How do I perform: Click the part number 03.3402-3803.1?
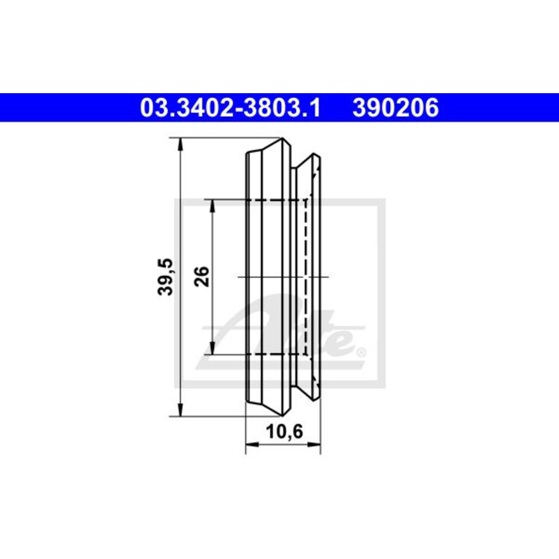[x=230, y=108]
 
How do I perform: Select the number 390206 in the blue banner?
[x=395, y=108]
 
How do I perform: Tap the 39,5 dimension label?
[x=165, y=277]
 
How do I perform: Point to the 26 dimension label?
[x=202, y=277]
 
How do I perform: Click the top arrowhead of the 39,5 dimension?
[x=180, y=143]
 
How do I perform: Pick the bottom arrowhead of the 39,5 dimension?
[x=180, y=410]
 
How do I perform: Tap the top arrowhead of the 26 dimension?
[x=212, y=205]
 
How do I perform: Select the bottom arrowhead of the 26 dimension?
[x=212, y=348]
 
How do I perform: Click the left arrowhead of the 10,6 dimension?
[x=252, y=452]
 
